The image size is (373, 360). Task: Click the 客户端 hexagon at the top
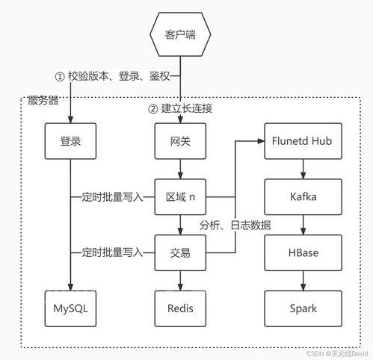pyautogui.click(x=180, y=34)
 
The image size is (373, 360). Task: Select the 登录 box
pyautogui.click(x=70, y=140)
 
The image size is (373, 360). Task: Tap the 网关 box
pyautogui.click(x=180, y=140)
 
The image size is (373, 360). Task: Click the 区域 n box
pyautogui.click(x=180, y=196)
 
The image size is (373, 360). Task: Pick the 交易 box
pyautogui.click(x=180, y=252)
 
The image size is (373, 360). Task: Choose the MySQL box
pyautogui.click(x=70, y=308)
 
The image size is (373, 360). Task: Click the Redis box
pyautogui.click(x=180, y=308)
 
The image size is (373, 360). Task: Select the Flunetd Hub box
pyautogui.click(x=303, y=140)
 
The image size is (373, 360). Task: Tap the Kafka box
pyautogui.click(x=303, y=196)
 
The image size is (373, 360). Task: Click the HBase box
pyautogui.click(x=303, y=252)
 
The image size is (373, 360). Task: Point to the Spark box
pyautogui.click(x=303, y=308)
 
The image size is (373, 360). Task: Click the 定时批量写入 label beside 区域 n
pyautogui.click(x=111, y=197)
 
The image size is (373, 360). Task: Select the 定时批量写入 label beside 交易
pyautogui.click(x=111, y=253)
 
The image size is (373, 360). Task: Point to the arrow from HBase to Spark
pyautogui.click(x=303, y=281)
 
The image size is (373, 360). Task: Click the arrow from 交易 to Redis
pyautogui.click(x=180, y=281)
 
